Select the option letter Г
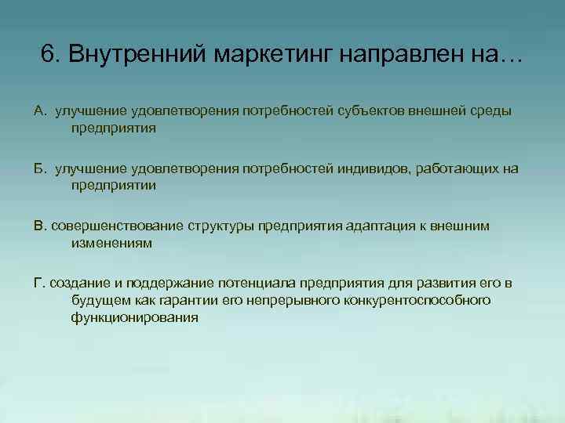[38, 283]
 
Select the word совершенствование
[117, 226]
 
